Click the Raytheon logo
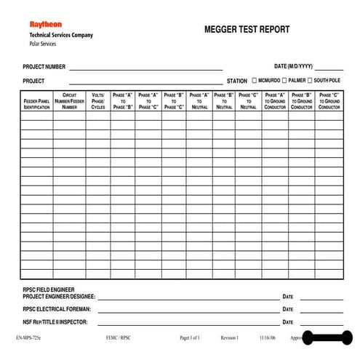tap(45, 24)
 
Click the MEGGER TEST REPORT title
tap(247, 30)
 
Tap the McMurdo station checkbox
tap(254, 81)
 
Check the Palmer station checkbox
tap(283, 81)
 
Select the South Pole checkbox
tap(310, 81)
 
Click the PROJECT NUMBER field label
tap(44, 66)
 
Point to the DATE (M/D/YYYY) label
tap(293, 66)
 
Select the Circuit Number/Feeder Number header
tap(70, 100)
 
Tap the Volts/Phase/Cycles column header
tap(98, 100)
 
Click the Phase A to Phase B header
tap(123, 100)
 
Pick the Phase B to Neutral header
tap(224, 100)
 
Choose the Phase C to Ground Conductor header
tap(329, 100)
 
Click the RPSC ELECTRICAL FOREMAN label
tap(57, 308)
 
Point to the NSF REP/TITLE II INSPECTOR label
tap(55, 321)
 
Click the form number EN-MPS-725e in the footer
tap(28, 338)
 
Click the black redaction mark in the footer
tap(327, 338)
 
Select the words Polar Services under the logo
tap(42, 44)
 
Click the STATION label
tap(237, 81)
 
